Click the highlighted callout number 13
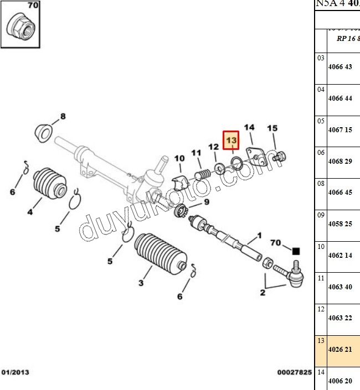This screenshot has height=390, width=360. tap(231, 141)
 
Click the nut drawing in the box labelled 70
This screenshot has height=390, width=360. tap(23, 27)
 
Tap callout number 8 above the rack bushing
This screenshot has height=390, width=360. tap(63, 117)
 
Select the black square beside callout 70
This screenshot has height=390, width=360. tap(296, 251)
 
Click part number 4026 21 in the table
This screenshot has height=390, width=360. tap(340, 349)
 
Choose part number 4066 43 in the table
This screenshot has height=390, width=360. tap(340, 67)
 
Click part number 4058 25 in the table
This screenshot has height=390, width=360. tap(340, 224)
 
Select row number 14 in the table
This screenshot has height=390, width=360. tap(321, 372)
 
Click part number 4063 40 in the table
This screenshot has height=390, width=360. tap(340, 287)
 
